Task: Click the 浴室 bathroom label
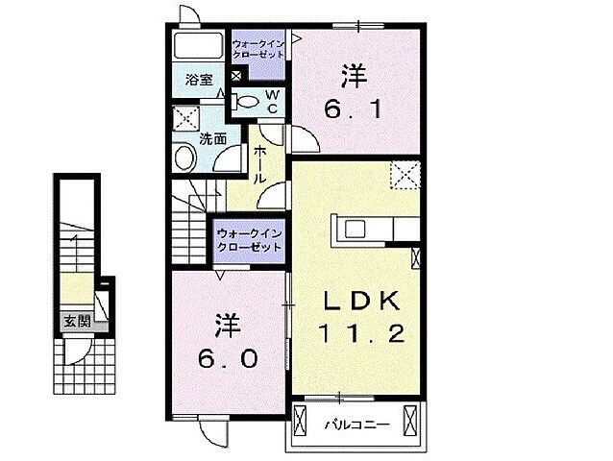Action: pyautogui.click(x=200, y=81)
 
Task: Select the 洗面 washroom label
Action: pyautogui.click(x=212, y=138)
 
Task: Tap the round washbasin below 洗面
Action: pyautogui.click(x=184, y=159)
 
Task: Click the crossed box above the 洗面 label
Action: pyautogui.click(x=184, y=119)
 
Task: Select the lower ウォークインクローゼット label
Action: pyautogui.click(x=250, y=240)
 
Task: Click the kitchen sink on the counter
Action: pyautogui.click(x=353, y=230)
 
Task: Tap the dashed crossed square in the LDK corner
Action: pyautogui.click(x=405, y=176)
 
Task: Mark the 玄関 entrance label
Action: pyautogui.click(x=78, y=323)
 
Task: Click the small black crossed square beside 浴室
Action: pyautogui.click(x=237, y=77)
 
